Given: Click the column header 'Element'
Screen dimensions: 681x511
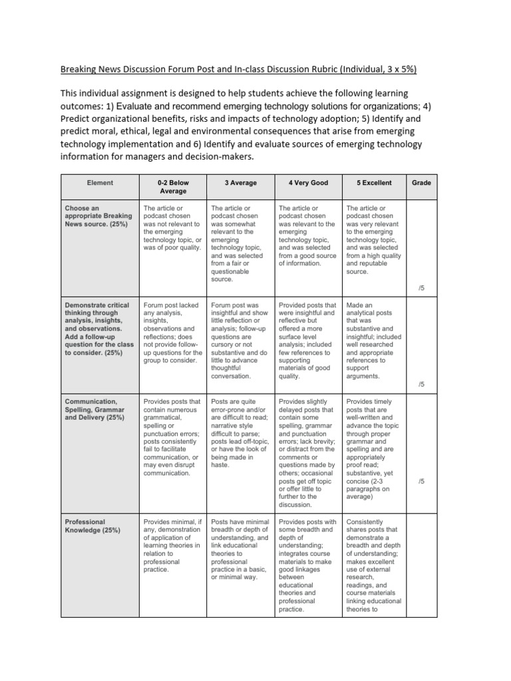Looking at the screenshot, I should [x=100, y=183].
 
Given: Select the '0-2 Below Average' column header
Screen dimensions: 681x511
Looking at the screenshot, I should [x=172, y=187].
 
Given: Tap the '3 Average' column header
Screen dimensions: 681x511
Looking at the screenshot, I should [x=240, y=183].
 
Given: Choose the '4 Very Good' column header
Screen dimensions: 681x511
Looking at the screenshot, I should [x=307, y=183].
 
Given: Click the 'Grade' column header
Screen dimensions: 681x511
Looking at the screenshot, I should [x=421, y=183].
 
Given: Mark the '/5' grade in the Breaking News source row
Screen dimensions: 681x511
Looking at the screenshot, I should [x=421, y=287].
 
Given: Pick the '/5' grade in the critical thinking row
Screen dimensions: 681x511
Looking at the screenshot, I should [x=421, y=384].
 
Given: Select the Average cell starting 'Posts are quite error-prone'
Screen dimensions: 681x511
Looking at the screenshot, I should [x=240, y=434].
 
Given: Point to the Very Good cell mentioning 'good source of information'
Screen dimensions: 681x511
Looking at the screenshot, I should [x=307, y=236].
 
